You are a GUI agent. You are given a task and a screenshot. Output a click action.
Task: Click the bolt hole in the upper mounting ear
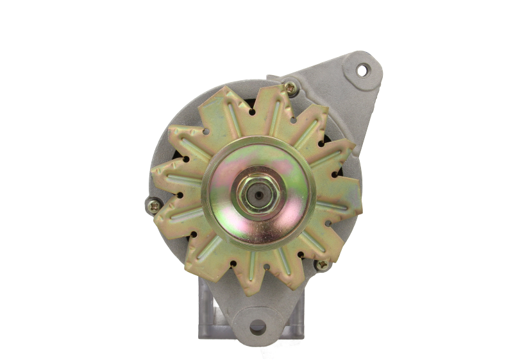[x=363, y=69]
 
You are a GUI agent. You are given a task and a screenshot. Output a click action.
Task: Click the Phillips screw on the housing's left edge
[x=154, y=206]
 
